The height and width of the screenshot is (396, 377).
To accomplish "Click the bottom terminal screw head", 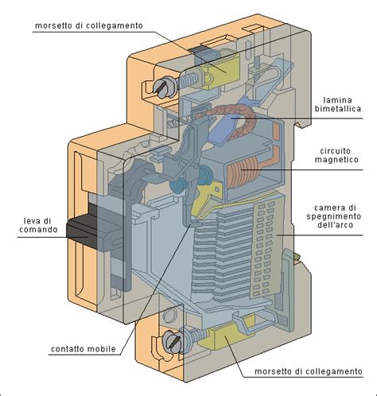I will pyautogui.click(x=170, y=343).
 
